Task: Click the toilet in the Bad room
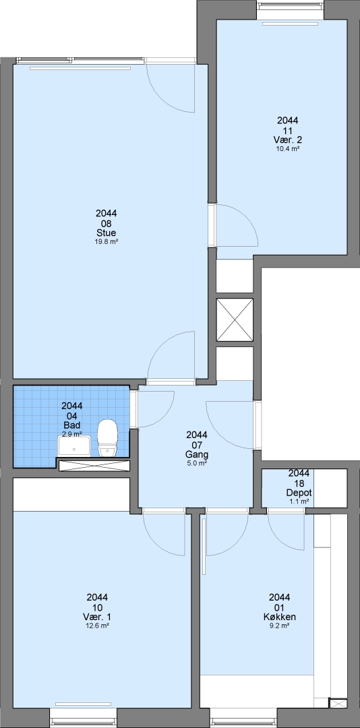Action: (x=107, y=438)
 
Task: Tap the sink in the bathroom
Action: (x=74, y=446)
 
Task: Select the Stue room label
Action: (x=107, y=233)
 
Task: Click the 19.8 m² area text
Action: (x=107, y=241)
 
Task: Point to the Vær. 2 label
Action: (x=288, y=140)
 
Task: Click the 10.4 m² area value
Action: (x=288, y=148)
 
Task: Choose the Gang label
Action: (x=196, y=454)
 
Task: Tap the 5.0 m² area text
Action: (x=196, y=463)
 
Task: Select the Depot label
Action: (x=299, y=493)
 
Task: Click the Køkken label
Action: (x=279, y=617)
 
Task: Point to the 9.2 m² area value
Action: (x=279, y=626)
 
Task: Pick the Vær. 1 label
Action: (x=97, y=617)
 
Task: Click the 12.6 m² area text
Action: (x=97, y=626)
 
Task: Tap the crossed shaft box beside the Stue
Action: (x=235, y=320)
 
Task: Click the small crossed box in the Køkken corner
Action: (x=338, y=703)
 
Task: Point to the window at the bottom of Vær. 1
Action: (x=83, y=718)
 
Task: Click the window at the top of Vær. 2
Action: (x=291, y=9)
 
